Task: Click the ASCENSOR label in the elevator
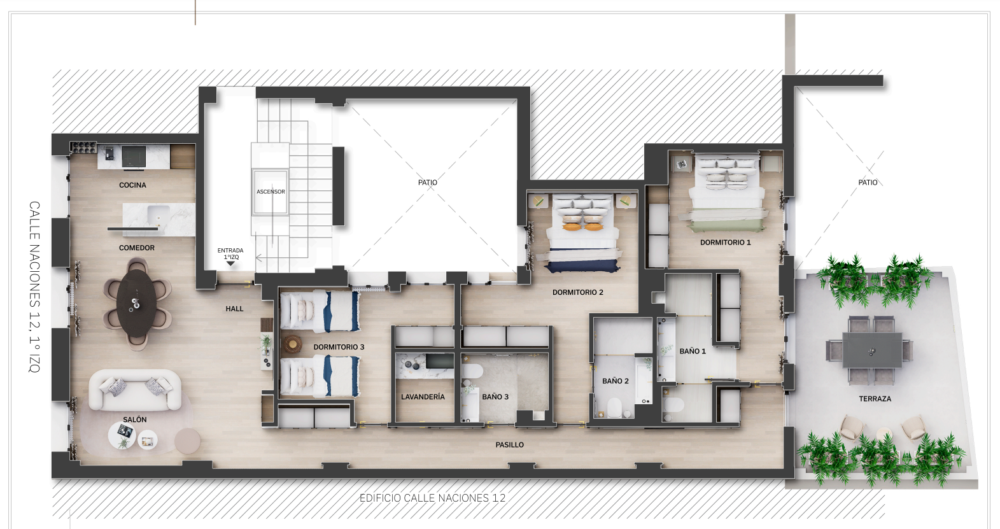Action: coord(271,192)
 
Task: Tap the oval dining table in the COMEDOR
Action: coord(136,303)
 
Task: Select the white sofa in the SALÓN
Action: coord(135,390)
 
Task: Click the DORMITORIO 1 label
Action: coord(726,243)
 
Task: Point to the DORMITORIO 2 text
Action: coord(578,292)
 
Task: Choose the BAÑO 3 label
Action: coord(495,397)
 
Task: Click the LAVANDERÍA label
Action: coord(423,397)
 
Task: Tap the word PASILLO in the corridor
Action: coord(509,445)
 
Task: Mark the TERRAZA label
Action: coord(875,399)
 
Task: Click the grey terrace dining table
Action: coord(872,350)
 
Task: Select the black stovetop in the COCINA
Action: coord(134,157)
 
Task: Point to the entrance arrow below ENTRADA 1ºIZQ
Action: coord(230,264)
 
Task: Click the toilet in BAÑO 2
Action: coord(615,407)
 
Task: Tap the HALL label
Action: coord(234,309)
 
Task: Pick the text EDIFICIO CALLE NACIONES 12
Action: coord(433,498)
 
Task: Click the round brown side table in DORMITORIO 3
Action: coord(293,344)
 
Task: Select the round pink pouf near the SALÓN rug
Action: coord(188,441)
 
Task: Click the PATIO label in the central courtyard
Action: coord(428,183)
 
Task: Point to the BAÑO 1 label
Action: coord(693,351)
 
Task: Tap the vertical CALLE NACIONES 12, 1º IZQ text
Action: coord(34,286)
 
